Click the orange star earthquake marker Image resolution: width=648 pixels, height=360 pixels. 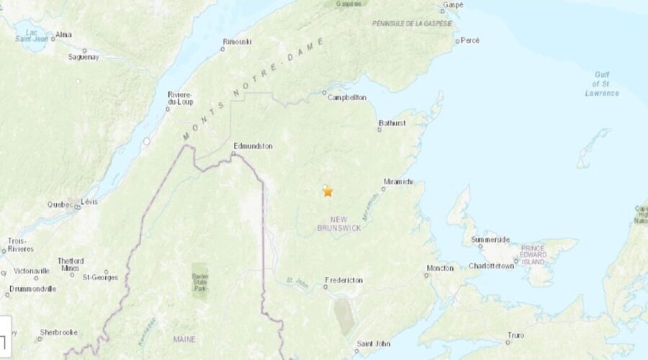tap(328, 192)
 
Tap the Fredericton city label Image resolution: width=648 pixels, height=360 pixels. tap(344, 279)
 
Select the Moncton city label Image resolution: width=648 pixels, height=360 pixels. tap(440, 268)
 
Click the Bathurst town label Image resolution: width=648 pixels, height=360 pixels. tap(392, 123)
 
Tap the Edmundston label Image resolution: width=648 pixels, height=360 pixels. tap(253, 146)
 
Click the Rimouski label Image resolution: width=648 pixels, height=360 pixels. tap(238, 42)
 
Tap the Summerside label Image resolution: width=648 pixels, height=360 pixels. tap(490, 240)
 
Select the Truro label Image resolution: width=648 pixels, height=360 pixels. tap(514, 335)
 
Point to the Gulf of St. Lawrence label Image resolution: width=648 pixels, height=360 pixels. tap(601, 84)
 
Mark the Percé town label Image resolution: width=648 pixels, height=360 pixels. tap(469, 40)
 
